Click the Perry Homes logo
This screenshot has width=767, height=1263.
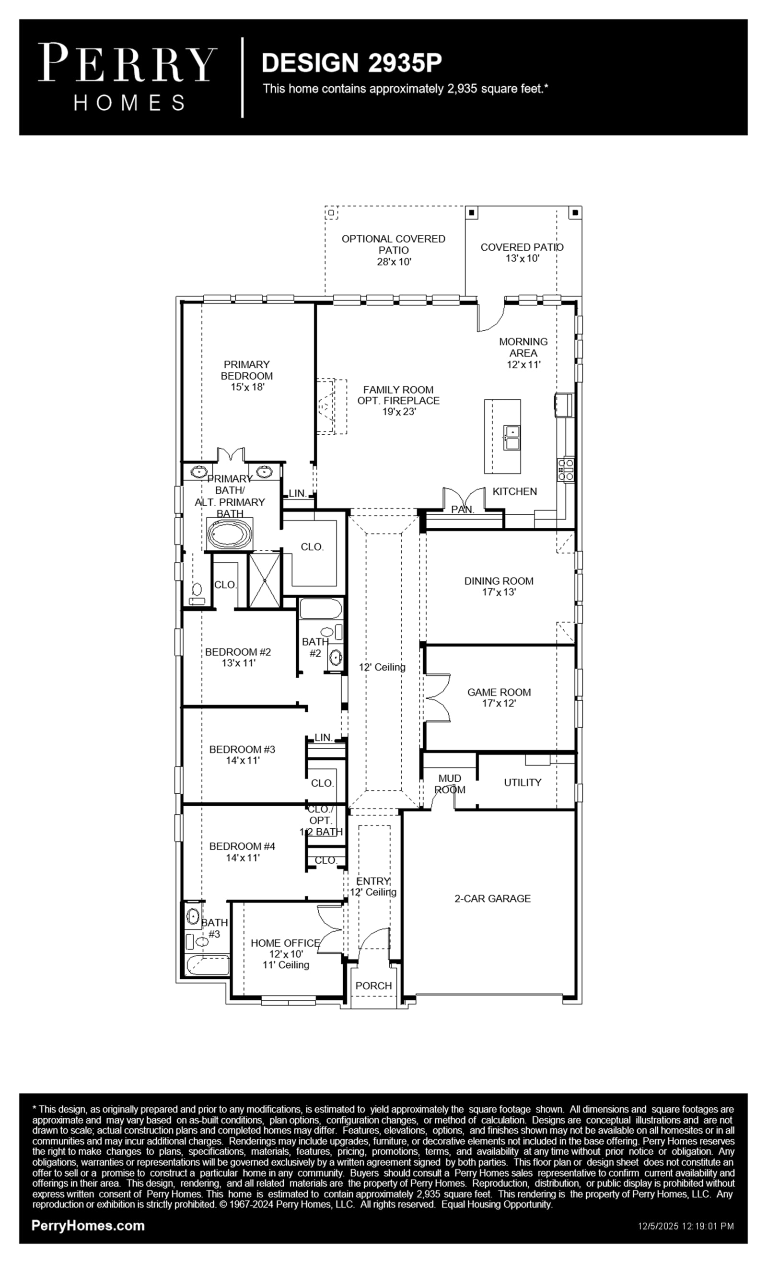coord(128,77)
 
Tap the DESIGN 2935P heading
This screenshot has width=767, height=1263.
coord(352,63)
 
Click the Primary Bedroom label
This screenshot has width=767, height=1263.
coord(246,370)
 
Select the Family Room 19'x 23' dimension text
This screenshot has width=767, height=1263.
coord(399,411)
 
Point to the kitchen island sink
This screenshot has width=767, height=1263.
coord(511,437)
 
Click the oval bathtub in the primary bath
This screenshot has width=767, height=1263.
coord(230,534)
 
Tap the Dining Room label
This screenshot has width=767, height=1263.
coord(499,581)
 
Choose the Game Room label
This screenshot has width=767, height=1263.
coord(499,692)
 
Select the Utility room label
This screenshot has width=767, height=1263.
coord(523,783)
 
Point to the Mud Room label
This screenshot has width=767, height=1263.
coord(450,784)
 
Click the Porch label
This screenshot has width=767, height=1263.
coord(374,985)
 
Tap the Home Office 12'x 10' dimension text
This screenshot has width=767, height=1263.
coord(286,954)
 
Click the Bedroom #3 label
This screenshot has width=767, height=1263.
coord(242,749)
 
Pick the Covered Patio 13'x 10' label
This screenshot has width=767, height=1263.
coord(522,253)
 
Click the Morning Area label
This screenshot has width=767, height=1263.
coord(523,347)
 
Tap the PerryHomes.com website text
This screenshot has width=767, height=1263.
coord(88,1226)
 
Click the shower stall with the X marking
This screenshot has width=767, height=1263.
coord(265,579)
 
